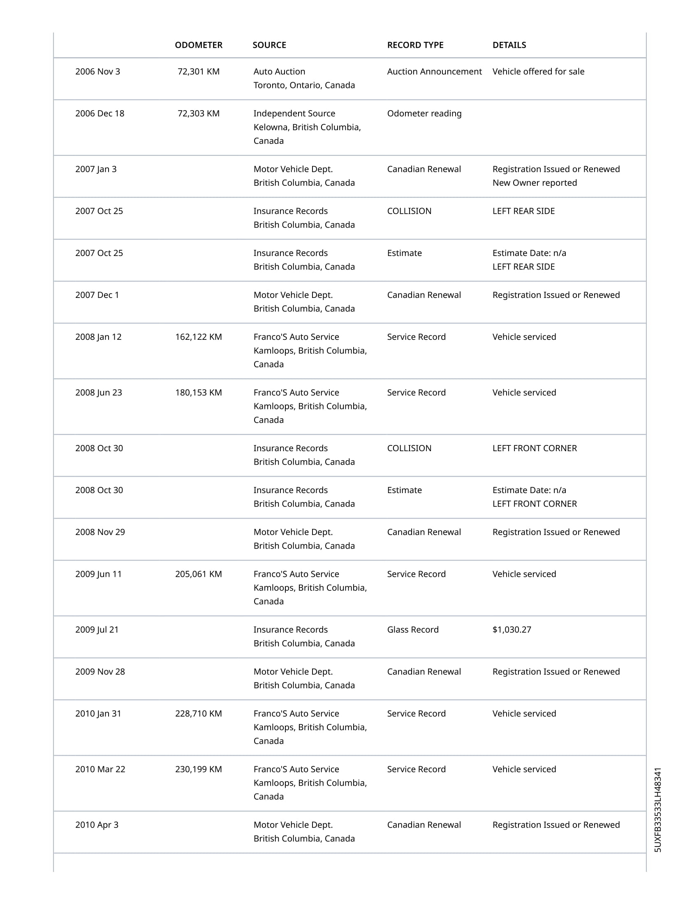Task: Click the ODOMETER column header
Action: click(198, 45)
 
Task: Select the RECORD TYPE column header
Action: click(415, 45)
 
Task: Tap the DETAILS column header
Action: click(509, 45)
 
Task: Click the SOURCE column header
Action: click(269, 45)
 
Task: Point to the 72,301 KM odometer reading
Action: click(198, 71)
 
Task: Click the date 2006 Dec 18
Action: click(100, 113)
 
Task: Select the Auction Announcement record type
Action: click(434, 71)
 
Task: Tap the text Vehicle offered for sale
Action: click(538, 71)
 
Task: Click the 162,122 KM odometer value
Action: click(198, 337)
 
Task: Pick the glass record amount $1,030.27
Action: click(512, 630)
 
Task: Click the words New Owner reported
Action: click(534, 183)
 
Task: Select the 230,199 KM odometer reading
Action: click(198, 769)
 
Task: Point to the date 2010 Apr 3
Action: click(97, 825)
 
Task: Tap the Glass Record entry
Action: click(412, 630)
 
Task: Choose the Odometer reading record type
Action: click(424, 113)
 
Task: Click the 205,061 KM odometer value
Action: click(198, 574)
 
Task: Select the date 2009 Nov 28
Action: click(100, 671)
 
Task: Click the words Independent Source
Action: click(294, 113)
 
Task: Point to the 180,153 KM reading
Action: click(198, 392)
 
